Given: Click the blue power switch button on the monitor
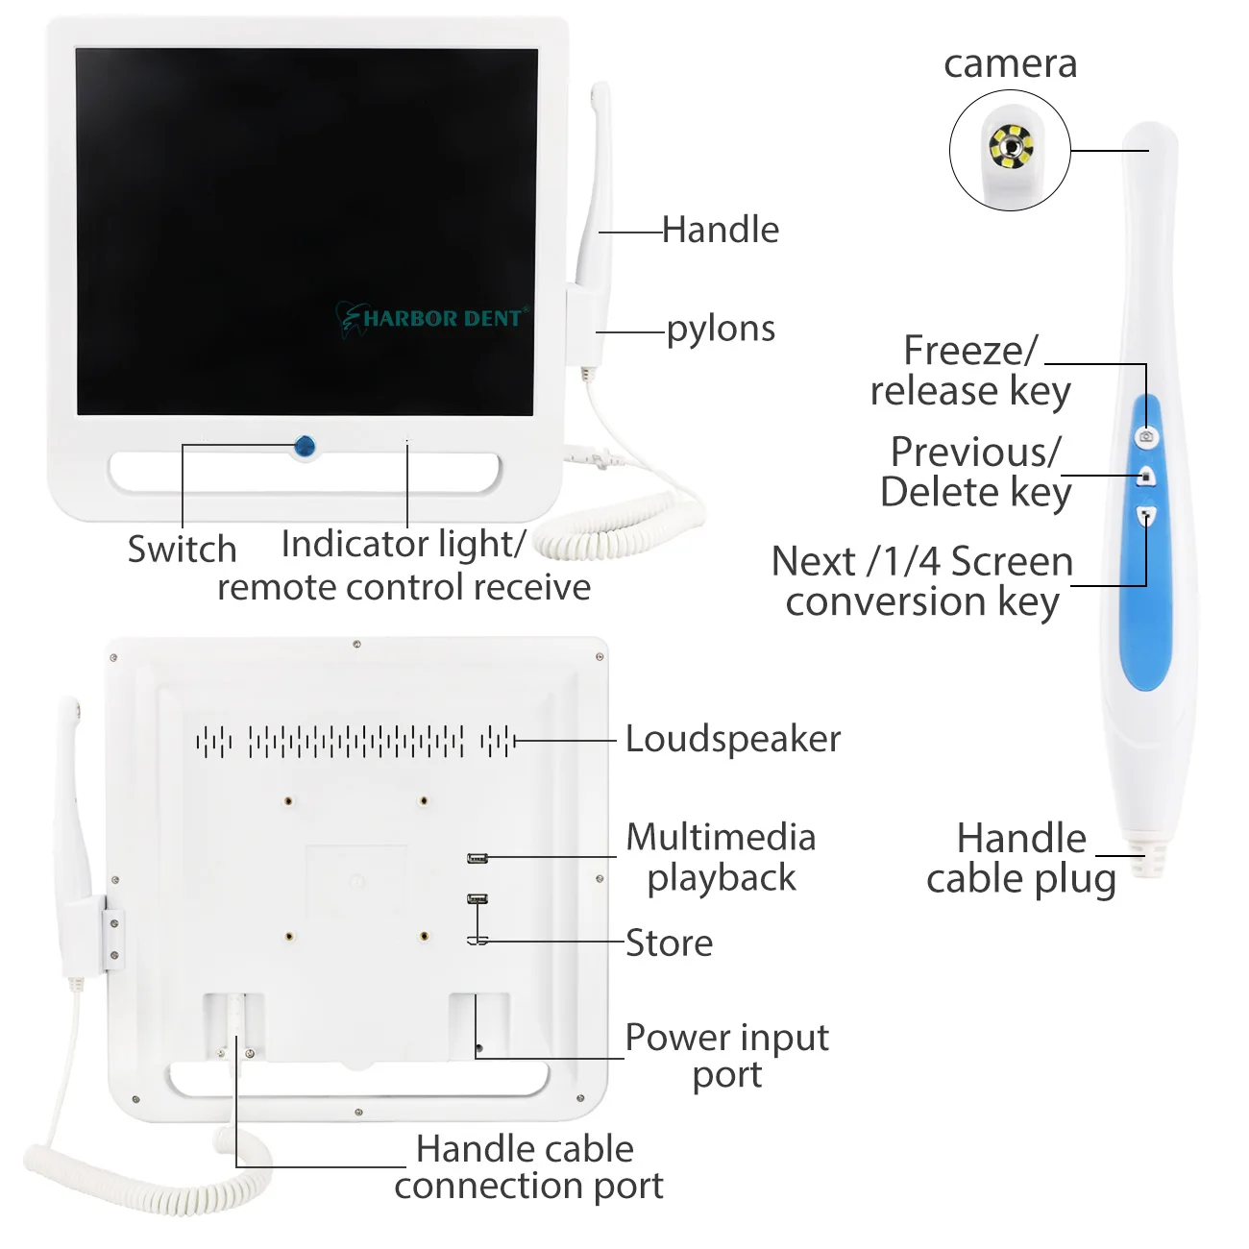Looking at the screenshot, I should tap(305, 446).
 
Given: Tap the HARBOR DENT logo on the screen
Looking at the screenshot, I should tap(432, 318).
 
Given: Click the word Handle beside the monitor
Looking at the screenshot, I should tap(721, 231).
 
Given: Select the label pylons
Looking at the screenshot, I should tap(721, 330).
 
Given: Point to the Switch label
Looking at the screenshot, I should tap(182, 550).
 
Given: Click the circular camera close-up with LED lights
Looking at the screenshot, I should tap(1010, 150).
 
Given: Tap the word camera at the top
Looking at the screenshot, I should tap(1010, 64).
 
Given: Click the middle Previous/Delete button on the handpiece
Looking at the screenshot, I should tap(1146, 477).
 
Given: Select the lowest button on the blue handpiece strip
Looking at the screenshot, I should tap(1146, 516).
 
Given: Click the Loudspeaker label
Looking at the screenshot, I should tap(732, 739).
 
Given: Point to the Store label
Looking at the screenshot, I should tap(670, 943).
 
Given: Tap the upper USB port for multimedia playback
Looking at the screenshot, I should tap(478, 858).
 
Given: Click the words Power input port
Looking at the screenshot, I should tap(727, 1055).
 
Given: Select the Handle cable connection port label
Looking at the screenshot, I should tap(527, 1167).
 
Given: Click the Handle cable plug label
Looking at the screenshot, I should tap(1020, 859).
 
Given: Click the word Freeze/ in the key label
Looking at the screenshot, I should tap(970, 351).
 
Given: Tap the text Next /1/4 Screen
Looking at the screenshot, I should tap(921, 562).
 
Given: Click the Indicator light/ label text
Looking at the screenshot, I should tap(404, 545).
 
